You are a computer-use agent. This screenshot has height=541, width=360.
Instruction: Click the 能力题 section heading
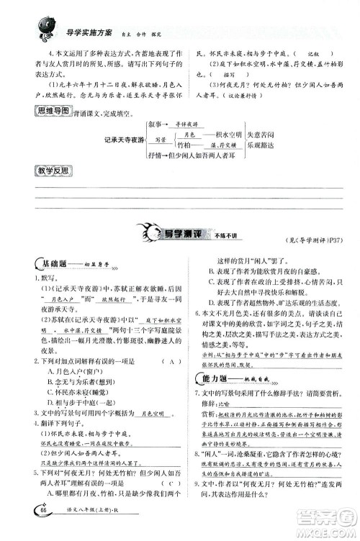coord(217,380)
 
